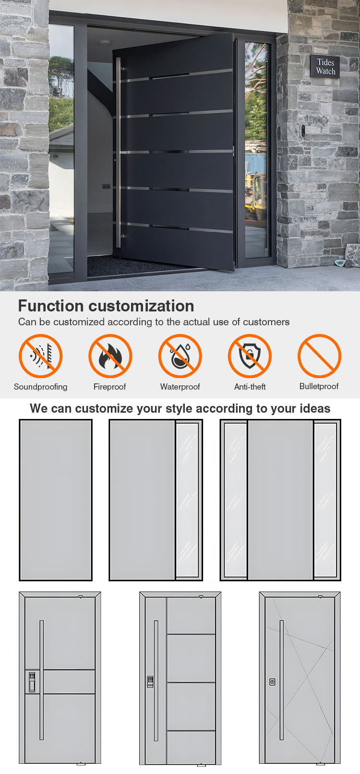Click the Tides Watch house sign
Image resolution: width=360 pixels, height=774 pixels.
(x=324, y=66)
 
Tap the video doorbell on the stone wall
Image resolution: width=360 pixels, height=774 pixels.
(x=303, y=131)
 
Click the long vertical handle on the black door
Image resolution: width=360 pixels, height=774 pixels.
(x=119, y=153)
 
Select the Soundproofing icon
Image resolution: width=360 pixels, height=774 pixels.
(x=40, y=356)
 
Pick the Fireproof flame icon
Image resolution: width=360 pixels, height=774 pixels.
(x=110, y=356)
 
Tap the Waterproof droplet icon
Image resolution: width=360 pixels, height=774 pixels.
(x=180, y=356)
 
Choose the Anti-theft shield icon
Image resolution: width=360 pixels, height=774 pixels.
(x=250, y=356)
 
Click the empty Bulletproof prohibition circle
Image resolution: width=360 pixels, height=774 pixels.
(x=319, y=356)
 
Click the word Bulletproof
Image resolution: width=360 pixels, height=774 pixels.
(x=319, y=386)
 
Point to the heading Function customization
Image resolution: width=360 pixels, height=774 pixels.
(x=106, y=306)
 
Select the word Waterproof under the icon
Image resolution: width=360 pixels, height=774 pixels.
(x=180, y=387)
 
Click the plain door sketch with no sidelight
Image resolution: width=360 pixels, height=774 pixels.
(x=56, y=500)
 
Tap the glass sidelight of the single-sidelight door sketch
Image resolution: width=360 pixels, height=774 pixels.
(x=187, y=500)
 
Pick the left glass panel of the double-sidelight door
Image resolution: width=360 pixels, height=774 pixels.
(x=235, y=500)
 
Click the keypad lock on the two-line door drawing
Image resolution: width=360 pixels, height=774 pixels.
(x=32, y=681)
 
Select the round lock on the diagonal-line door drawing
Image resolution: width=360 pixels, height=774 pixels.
(x=272, y=682)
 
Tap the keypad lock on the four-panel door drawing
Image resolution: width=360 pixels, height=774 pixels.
(x=150, y=681)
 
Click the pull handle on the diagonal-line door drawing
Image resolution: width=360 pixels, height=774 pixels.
(x=282, y=680)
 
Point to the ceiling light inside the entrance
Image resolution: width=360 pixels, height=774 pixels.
(x=105, y=43)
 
